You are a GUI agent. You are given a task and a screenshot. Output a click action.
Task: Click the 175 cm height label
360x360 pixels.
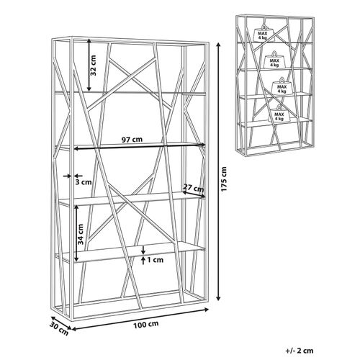coord(224,179)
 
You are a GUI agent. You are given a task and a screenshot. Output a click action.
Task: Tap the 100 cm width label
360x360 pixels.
coord(146,325)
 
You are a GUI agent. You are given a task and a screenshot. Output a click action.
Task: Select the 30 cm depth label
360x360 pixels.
coord(59,329)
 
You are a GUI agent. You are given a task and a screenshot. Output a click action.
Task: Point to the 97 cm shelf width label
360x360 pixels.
coord(132,139)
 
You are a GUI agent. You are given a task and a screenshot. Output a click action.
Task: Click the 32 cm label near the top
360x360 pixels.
coord(93,66)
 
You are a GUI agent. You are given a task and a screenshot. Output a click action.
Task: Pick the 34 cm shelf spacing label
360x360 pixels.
coord(81,234)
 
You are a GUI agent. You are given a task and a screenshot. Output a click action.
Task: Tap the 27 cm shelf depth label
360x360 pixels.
coord(194,187)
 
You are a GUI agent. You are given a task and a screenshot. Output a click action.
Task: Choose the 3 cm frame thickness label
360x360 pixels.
coord(84,182)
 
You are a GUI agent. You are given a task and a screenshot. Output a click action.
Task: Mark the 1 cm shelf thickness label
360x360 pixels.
coord(155,260)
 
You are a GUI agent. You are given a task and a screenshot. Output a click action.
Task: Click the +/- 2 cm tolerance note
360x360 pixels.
coord(300,351)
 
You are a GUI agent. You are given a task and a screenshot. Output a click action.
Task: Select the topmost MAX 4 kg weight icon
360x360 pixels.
coord(264,33)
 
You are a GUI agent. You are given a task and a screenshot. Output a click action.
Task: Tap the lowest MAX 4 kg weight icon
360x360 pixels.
coord(279,113)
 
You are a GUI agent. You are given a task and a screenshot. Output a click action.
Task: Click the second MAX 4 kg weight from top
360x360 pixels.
coord(274,60)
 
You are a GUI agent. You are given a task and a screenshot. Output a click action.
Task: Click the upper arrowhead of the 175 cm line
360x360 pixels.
coord(218,45)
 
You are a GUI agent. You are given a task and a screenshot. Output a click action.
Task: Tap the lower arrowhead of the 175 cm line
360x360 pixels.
coord(218,298)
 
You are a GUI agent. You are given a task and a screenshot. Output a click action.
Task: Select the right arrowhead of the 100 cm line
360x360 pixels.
coord(206,310)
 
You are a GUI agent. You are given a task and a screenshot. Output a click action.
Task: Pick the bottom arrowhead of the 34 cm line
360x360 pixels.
coord(76,259)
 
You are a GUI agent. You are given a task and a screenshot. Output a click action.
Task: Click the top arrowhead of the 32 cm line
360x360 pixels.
coord(89,41)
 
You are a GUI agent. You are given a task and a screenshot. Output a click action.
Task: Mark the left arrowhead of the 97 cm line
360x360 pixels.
coord(76,149)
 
